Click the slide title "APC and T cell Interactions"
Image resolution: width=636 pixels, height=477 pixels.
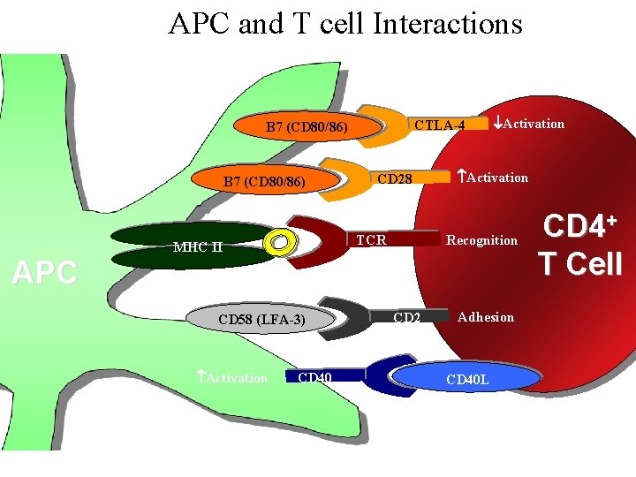tap(345, 23)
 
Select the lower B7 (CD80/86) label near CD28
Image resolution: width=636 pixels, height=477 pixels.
tap(264, 183)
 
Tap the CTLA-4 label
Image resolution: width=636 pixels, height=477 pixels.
tap(439, 125)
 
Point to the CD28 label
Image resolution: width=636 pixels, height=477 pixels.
tap(395, 179)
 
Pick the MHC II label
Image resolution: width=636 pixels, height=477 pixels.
tap(197, 246)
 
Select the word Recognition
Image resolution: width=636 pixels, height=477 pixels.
tap(482, 239)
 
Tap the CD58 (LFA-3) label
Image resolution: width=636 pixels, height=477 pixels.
tap(261, 319)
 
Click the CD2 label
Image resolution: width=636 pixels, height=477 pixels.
tap(406, 317)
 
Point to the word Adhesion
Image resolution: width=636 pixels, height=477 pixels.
tap(486, 317)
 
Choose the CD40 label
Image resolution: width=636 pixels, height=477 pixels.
tap(315, 378)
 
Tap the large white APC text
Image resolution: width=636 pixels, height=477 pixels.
tap(44, 273)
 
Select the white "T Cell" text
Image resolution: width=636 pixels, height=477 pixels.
tap(581, 263)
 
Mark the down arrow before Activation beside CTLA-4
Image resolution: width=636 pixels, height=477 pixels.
tap(497, 122)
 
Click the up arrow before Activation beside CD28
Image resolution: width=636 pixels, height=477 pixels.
tap(460, 177)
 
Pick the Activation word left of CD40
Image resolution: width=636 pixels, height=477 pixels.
tap(236, 378)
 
